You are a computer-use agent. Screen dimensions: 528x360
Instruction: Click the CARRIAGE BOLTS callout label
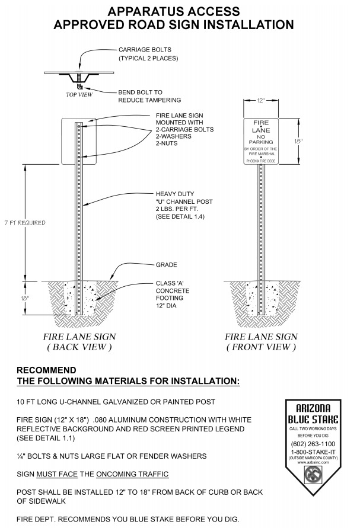pos(149,53)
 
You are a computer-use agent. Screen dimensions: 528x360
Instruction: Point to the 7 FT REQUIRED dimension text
pos(24,223)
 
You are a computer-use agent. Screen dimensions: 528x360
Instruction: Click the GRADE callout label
pos(167,265)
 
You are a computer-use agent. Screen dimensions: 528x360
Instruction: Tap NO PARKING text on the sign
pos(261,139)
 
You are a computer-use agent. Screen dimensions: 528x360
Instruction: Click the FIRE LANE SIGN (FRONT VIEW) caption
pos(261,341)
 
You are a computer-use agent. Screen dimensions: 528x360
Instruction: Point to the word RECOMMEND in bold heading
pos(46,370)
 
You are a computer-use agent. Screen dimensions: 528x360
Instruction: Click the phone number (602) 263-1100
pos(313,444)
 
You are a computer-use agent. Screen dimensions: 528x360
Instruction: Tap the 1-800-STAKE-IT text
pos(313,452)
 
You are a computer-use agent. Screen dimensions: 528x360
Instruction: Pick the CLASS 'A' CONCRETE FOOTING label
pos(173,295)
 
